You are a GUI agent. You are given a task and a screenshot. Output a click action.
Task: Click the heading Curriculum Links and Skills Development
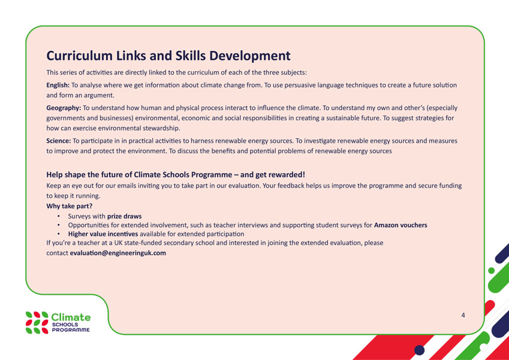[168, 56]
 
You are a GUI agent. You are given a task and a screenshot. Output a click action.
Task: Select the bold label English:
[58, 85]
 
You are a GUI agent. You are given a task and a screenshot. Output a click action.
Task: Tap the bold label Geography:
[64, 108]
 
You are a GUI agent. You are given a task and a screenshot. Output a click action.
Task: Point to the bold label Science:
[58, 141]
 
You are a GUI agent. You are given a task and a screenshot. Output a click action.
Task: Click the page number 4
[463, 315]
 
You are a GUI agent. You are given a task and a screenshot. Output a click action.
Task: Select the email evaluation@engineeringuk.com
[118, 253]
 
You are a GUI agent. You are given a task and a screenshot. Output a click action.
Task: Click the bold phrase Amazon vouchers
[400, 225]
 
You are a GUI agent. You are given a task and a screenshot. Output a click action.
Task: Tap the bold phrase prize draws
[124, 216]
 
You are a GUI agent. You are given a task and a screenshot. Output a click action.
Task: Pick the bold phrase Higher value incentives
[103, 234]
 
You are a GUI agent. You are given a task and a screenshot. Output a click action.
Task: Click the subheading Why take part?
[70, 206]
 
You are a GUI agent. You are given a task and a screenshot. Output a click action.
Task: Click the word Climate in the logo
[71, 317]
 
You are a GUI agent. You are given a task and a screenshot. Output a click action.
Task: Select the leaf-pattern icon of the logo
[37, 323]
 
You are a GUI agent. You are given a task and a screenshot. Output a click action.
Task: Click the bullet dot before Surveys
[58, 216]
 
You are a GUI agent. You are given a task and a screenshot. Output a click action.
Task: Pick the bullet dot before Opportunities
[58, 225]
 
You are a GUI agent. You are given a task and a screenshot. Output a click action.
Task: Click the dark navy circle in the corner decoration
[420, 350]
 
